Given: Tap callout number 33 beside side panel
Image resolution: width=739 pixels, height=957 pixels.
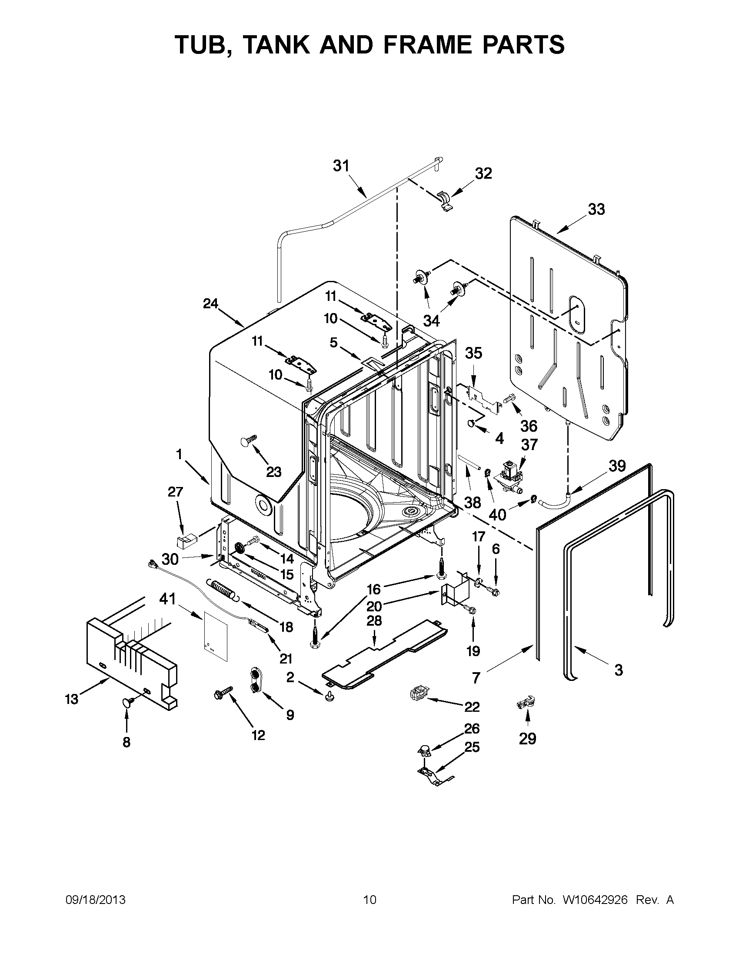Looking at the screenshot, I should (x=596, y=209).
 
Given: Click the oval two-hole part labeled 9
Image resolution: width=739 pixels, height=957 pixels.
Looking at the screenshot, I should (x=255, y=680).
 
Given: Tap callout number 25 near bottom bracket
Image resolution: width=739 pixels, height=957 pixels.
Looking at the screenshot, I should (x=472, y=747).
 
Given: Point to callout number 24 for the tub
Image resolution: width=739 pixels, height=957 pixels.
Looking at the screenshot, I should (x=210, y=303).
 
